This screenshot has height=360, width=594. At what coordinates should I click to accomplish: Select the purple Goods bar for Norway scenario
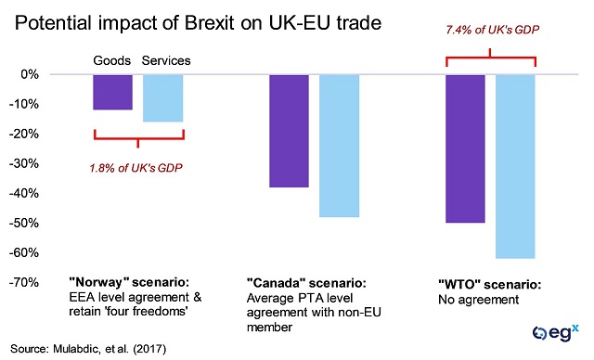point(112,92)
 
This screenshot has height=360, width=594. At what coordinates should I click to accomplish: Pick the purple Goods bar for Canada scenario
point(289,130)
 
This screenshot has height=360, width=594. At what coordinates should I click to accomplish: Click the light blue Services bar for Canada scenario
point(339,145)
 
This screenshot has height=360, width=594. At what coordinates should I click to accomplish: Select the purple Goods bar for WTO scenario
point(465,148)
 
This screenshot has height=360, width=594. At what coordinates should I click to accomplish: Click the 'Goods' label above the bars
point(112,61)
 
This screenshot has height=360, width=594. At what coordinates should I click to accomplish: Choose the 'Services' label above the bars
point(166,61)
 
